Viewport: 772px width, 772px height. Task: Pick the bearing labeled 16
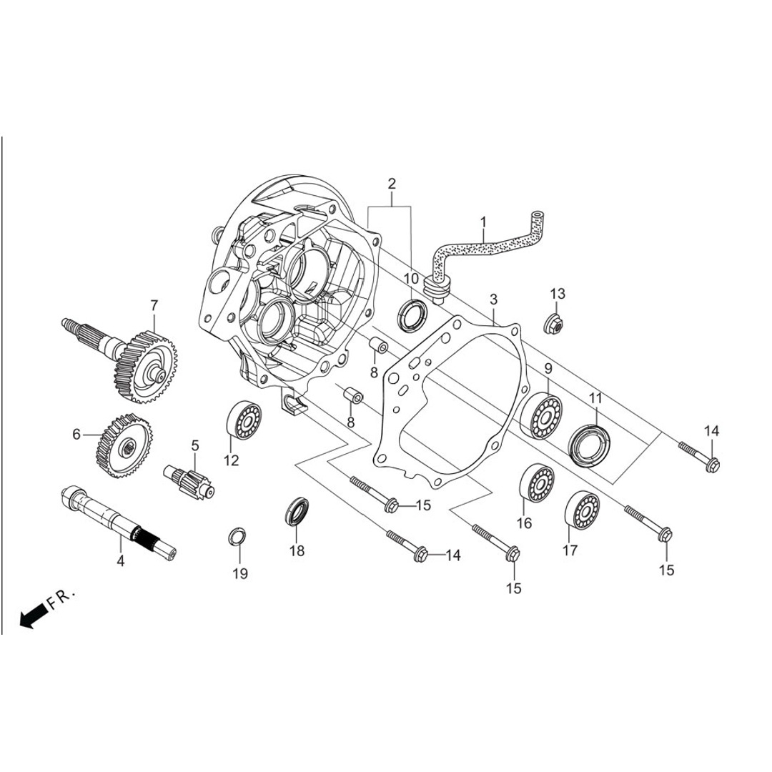click(537, 482)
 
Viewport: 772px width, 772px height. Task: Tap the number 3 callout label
click(493, 299)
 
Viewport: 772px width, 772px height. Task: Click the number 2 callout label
click(392, 184)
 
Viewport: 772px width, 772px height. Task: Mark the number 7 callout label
click(154, 305)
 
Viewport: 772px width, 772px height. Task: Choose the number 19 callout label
click(240, 573)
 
